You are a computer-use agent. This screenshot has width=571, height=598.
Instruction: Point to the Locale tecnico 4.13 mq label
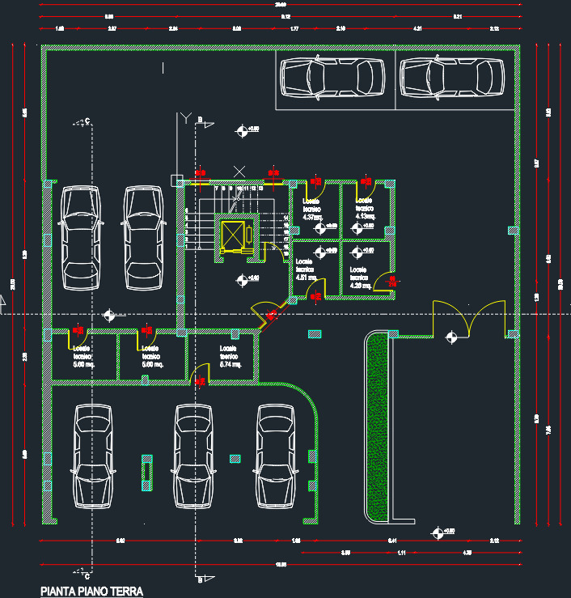(366, 208)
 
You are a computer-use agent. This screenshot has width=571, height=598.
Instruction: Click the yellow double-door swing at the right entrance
(469, 320)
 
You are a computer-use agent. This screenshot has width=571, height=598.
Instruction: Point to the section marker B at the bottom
(202, 579)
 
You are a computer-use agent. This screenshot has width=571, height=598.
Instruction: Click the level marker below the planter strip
(438, 532)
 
